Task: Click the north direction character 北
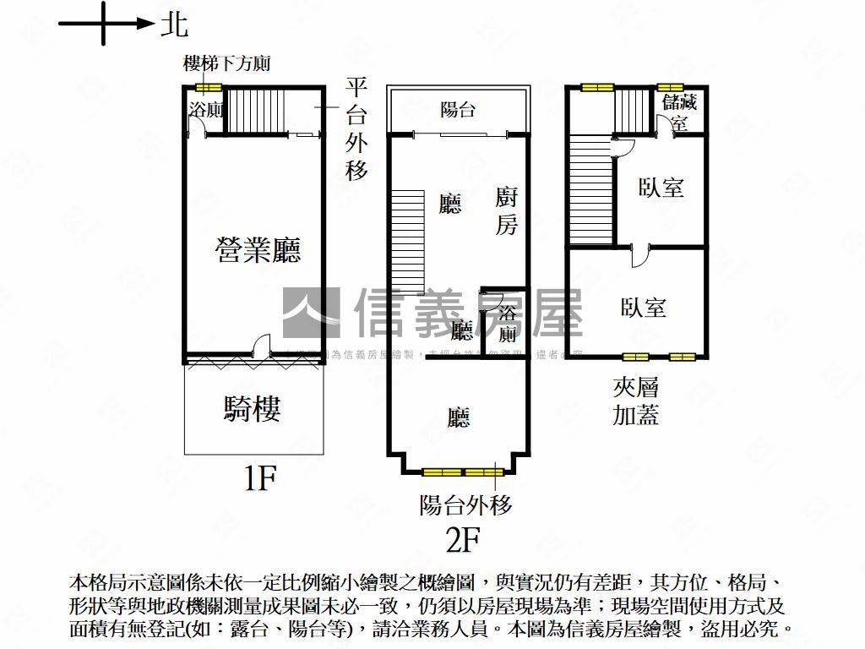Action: point(175,25)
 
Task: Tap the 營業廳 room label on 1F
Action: point(258,250)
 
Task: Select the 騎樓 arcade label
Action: point(253,409)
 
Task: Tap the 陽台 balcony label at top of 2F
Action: point(459,109)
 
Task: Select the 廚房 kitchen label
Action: point(506,211)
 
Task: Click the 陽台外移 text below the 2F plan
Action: point(466,505)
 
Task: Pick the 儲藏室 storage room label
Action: point(679,112)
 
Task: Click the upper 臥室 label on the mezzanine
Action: point(661,188)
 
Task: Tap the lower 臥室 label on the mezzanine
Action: point(644,308)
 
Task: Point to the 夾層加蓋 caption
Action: point(635,401)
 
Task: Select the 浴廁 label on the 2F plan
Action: point(507,324)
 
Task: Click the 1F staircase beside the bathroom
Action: point(254,109)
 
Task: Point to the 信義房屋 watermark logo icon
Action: point(310,313)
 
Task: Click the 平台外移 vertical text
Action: point(356,129)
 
